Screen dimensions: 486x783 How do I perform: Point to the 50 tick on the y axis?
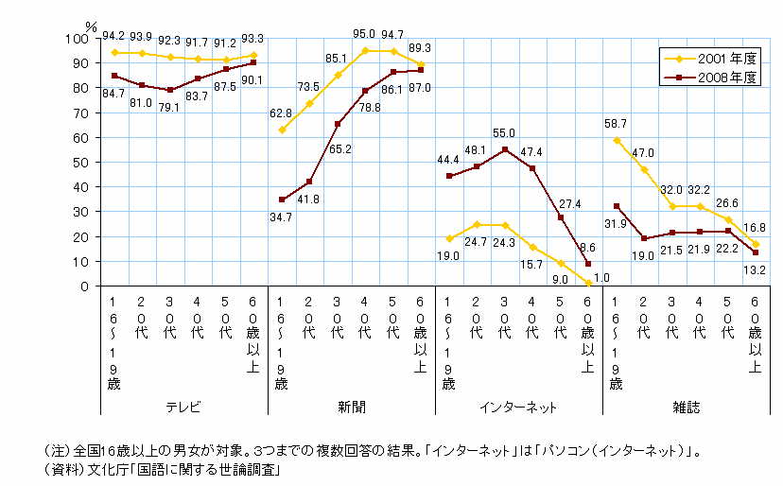coord(82,162)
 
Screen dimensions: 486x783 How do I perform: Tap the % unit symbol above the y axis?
coord(93,26)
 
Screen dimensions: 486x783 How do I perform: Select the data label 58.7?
coord(617,124)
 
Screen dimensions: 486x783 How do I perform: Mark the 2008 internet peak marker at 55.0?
coord(505,149)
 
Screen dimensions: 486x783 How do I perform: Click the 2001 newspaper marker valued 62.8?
coord(281,130)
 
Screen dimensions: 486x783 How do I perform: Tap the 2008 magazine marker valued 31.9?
coord(616,206)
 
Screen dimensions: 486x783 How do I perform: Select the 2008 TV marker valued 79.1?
coord(169,90)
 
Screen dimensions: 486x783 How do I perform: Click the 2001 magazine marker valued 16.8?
coord(756,244)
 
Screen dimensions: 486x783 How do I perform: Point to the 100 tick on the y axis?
coord(79,38)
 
